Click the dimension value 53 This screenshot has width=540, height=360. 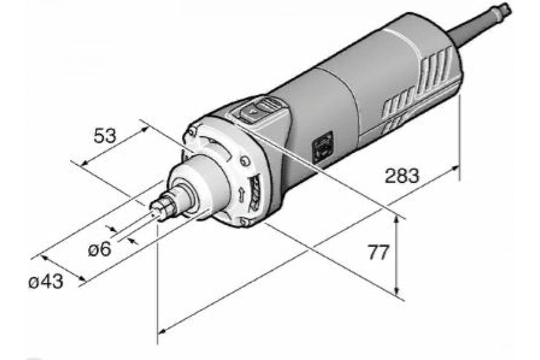click(105, 136)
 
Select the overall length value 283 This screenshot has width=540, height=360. click(402, 176)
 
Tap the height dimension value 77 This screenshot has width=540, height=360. click(378, 252)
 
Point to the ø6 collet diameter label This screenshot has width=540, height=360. click(100, 249)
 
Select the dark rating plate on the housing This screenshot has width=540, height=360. click(323, 148)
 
